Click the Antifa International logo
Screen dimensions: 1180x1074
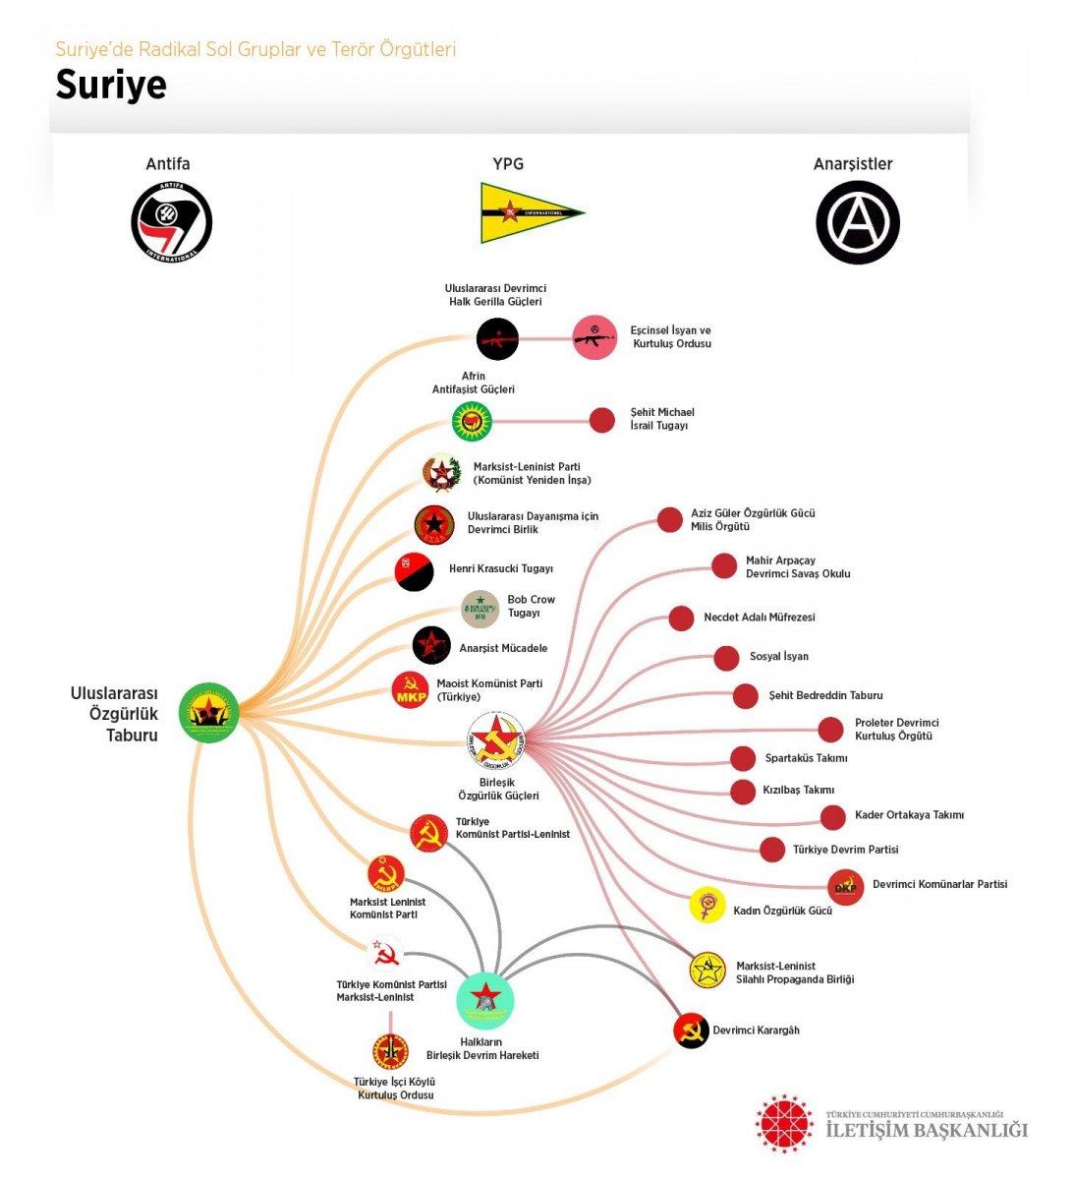(x=171, y=221)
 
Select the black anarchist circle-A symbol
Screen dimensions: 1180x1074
(x=857, y=221)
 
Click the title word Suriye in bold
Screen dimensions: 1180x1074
(x=111, y=86)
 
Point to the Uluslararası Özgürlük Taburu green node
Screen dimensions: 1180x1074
(x=209, y=712)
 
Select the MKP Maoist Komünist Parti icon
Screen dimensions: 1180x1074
(x=411, y=691)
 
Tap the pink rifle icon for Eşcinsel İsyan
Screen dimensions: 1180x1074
(x=594, y=337)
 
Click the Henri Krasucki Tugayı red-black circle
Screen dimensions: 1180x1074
(x=414, y=571)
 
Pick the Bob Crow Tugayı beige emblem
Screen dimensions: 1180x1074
(x=480, y=609)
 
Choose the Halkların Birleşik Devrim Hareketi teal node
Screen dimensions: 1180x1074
(x=485, y=999)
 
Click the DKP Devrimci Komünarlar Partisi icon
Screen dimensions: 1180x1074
(x=845, y=887)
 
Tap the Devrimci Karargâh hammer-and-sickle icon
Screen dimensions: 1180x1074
(x=692, y=1030)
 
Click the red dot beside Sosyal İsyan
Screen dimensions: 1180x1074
(x=725, y=657)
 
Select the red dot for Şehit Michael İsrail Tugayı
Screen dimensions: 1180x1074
(x=601, y=420)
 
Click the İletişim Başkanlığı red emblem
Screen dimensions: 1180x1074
(x=785, y=1121)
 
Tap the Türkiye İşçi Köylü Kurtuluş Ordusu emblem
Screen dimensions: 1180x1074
(x=390, y=1051)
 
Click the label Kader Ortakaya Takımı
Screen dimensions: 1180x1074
(x=908, y=815)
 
